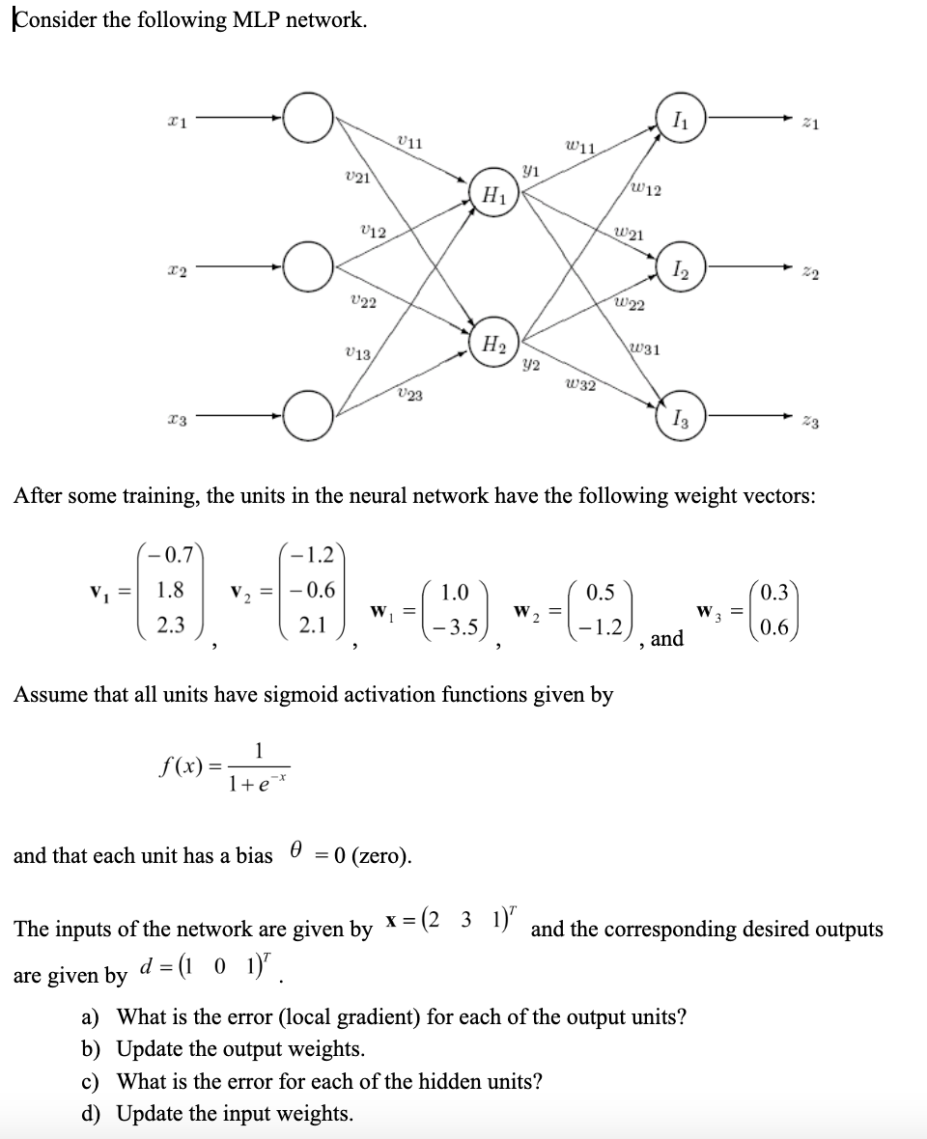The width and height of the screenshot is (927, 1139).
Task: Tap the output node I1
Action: [681, 119]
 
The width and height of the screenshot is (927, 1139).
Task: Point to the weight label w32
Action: [580, 385]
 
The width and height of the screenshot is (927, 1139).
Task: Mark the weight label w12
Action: [645, 188]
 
